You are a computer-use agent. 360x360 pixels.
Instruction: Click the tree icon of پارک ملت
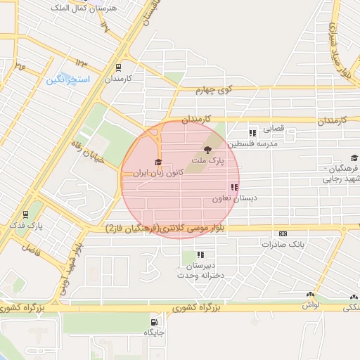coord(207,149)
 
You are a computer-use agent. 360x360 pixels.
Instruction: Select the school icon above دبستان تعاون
coord(233,187)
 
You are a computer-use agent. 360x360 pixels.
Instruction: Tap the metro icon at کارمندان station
coord(117,67)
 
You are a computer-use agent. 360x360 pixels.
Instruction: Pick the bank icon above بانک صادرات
coord(283,234)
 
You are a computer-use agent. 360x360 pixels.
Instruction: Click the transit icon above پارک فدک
coord(26,214)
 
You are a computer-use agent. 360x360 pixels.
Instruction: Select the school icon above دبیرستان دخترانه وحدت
coord(200,255)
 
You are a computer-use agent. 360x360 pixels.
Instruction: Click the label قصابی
coord(273,130)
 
